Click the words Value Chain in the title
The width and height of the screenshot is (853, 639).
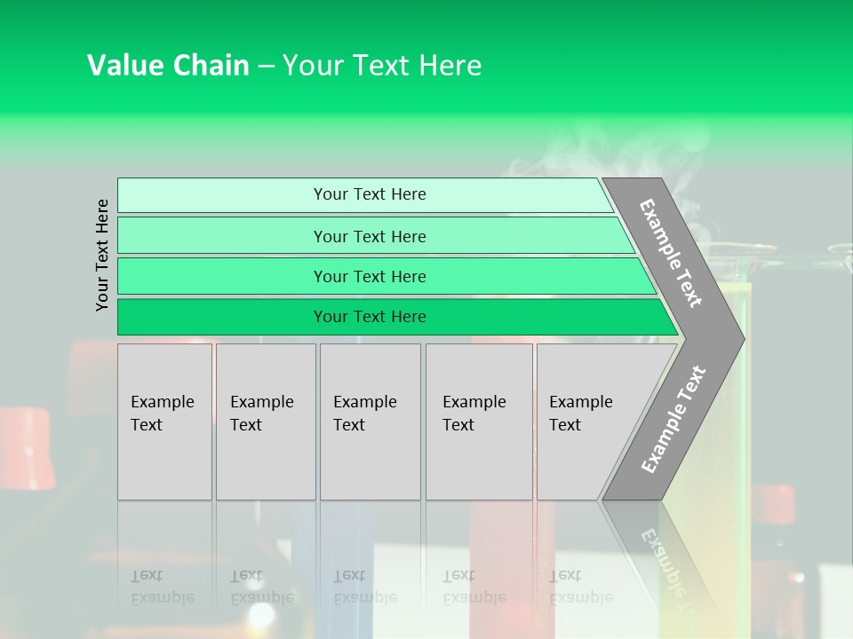(x=168, y=66)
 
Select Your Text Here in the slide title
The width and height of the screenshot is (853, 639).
(x=382, y=66)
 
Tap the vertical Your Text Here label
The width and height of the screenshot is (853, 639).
(x=102, y=255)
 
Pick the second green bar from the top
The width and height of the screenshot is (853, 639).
(x=369, y=236)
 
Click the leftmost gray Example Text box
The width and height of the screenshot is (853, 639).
(x=164, y=422)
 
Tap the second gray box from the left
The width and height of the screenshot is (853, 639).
(x=266, y=422)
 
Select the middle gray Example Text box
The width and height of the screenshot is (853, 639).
(x=370, y=422)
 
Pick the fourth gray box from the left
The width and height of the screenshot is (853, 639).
(x=479, y=422)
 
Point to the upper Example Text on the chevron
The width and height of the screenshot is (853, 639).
(x=671, y=253)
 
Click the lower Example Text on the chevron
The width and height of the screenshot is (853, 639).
(x=673, y=420)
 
